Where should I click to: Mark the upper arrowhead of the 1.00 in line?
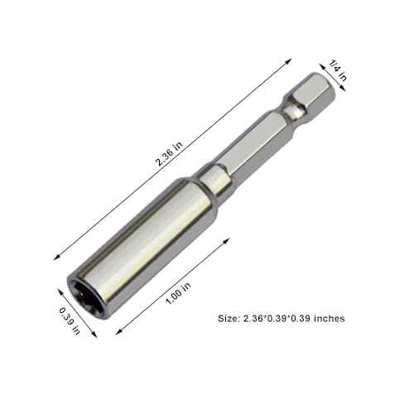(x=227, y=238)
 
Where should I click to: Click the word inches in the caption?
(x=330, y=317)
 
